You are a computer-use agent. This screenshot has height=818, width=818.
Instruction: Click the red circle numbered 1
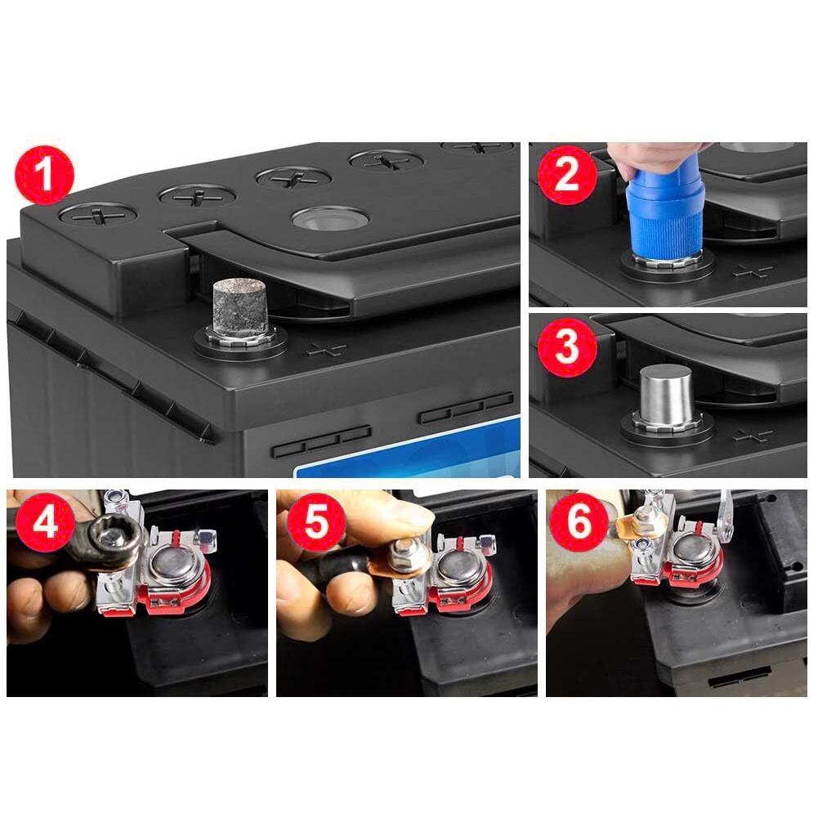[45, 174]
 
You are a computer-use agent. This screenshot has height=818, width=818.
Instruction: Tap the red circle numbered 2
[567, 176]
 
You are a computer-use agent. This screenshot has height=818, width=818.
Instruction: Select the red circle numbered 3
[567, 346]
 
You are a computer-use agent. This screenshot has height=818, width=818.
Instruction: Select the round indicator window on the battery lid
[330, 217]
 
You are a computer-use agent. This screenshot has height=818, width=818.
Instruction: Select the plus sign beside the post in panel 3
[753, 435]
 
